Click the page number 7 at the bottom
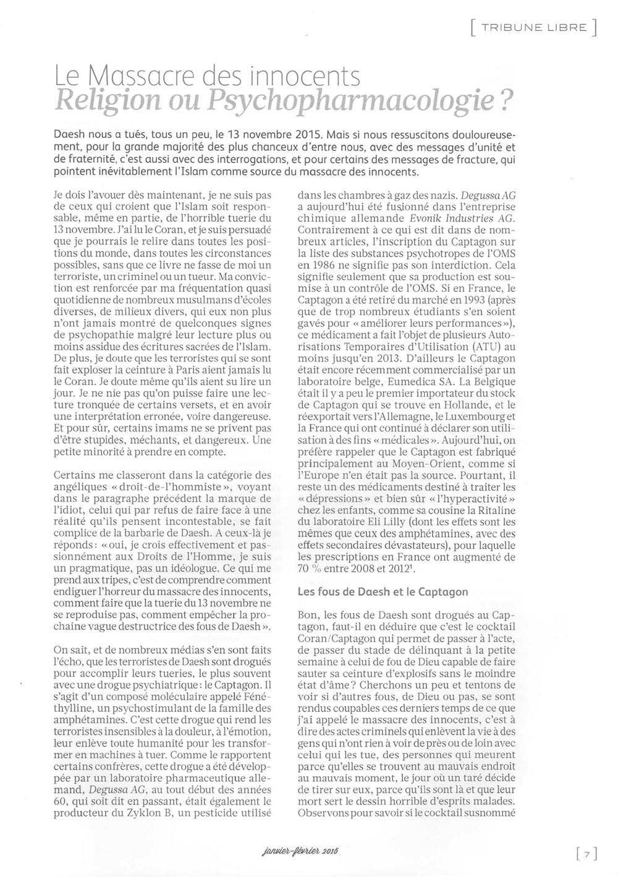pos(586,854)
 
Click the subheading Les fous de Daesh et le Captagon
pos(383,591)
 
